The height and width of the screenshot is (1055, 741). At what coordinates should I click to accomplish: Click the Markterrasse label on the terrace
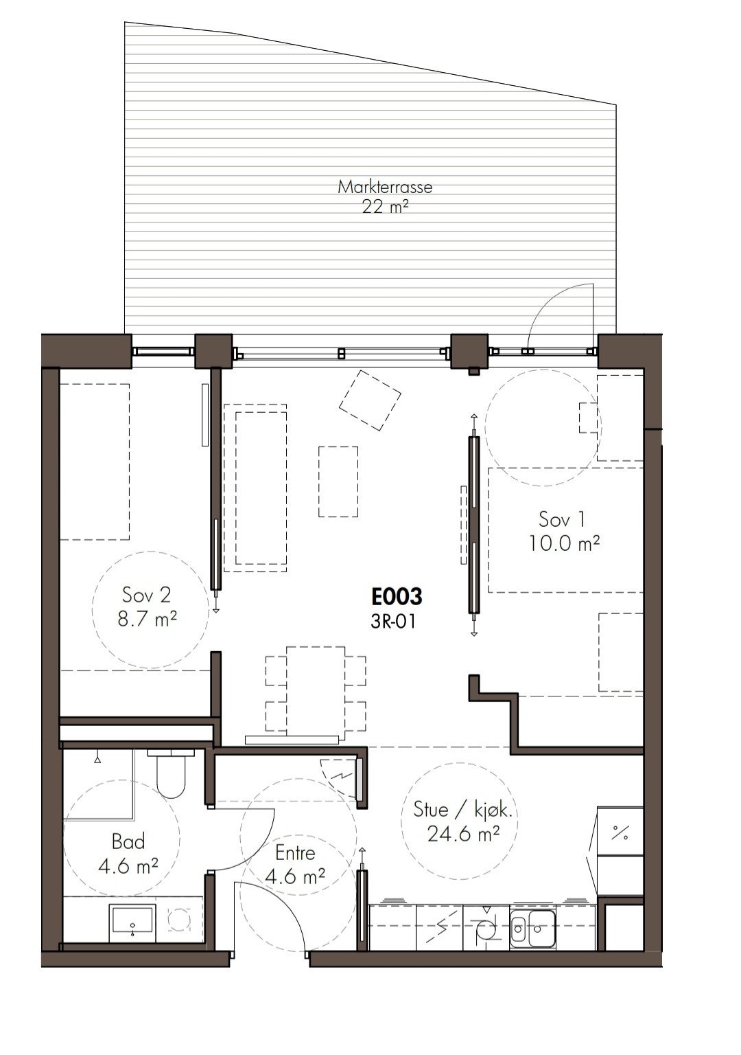385,187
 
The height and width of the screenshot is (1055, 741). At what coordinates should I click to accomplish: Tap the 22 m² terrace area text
385,207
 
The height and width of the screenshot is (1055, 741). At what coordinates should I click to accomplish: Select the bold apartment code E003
397,597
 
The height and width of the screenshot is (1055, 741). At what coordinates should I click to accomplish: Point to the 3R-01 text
393,622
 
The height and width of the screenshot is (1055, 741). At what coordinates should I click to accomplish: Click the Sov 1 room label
562,519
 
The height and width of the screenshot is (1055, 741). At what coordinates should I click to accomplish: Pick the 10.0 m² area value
564,543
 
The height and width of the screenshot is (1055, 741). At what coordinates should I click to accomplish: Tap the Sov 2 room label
146,595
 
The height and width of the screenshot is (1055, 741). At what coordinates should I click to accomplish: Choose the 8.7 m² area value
147,619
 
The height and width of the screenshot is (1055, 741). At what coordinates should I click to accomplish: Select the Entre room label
295,852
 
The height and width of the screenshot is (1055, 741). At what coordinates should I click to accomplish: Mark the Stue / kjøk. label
466,810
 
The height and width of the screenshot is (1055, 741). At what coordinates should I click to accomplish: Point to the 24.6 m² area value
463,834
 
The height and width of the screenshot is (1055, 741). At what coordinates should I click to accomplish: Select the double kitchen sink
532,925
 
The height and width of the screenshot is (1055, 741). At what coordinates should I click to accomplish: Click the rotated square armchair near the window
370,400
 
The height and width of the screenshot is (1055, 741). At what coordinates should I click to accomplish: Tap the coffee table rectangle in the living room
338,481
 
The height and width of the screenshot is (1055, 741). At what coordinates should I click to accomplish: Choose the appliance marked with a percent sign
620,835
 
